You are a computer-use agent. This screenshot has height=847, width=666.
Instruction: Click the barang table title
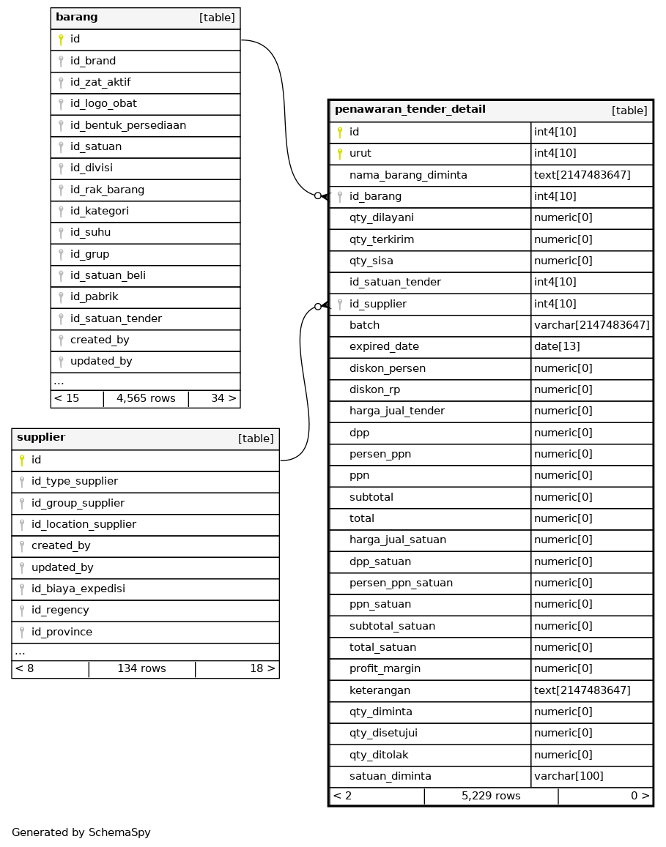tap(77, 18)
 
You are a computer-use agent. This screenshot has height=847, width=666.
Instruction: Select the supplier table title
tap(41, 438)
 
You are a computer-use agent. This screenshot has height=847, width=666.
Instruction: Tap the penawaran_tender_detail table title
tap(410, 110)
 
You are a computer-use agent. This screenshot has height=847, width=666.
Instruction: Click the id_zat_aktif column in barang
tap(100, 82)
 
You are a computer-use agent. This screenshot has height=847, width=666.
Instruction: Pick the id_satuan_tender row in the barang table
tap(116, 318)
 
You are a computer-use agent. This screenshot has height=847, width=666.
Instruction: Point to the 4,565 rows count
tap(146, 398)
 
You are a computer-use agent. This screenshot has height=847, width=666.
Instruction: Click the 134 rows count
tap(141, 668)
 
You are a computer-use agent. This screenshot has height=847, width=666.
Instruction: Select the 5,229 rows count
tap(491, 796)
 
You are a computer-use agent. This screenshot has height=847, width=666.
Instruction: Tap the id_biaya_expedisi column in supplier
tap(78, 589)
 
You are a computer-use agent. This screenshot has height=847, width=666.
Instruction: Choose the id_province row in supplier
tap(62, 632)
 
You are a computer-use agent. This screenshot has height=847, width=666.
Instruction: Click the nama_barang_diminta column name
tap(408, 175)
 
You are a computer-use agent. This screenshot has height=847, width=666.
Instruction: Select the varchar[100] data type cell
tap(569, 775)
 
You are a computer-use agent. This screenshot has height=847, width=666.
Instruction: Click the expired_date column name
tap(384, 346)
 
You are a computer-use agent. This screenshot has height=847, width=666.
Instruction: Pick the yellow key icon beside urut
tap(340, 154)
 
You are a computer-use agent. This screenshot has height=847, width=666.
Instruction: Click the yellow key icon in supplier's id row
tap(22, 460)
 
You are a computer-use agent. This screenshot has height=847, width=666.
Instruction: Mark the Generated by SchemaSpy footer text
tap(81, 832)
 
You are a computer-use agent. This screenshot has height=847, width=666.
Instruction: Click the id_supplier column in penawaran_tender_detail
tap(377, 304)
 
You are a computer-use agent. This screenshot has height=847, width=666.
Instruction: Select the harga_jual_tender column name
tap(396, 411)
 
